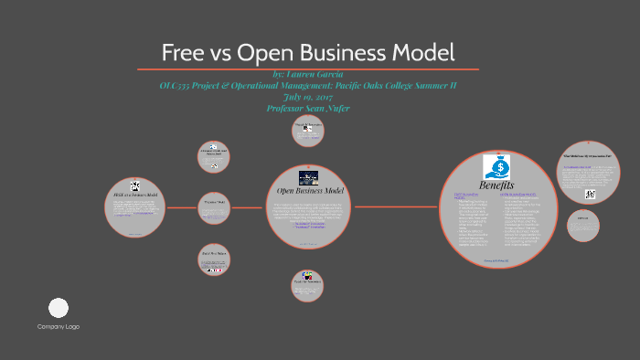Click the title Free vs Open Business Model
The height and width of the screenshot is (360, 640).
click(x=308, y=52)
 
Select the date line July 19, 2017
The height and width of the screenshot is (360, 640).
click(x=308, y=97)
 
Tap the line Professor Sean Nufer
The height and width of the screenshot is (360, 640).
click(x=308, y=108)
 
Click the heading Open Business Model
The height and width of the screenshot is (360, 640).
click(x=310, y=190)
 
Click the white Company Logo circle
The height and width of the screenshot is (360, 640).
click(x=59, y=308)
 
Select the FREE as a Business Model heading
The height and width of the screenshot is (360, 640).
click(x=134, y=194)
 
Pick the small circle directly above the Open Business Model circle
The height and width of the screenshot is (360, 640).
click(x=308, y=130)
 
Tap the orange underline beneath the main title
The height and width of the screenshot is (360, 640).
click(x=308, y=69)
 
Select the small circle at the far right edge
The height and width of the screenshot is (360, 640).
click(x=582, y=226)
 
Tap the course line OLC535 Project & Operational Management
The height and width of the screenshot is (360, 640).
click(x=308, y=86)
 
